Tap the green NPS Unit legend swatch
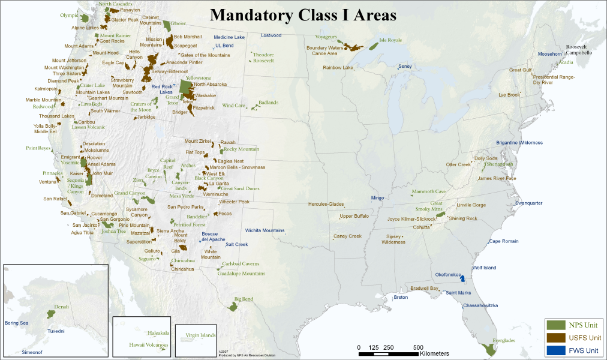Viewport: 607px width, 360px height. (555, 325)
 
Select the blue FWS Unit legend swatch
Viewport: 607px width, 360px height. (555, 349)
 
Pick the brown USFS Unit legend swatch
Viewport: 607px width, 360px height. (555, 337)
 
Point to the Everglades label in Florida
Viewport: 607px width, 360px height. (504, 340)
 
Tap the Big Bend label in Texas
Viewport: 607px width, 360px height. (244, 299)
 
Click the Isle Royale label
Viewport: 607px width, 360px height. (390, 40)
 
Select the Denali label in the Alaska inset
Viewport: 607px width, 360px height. (62, 307)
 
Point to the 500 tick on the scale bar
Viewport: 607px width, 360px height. (418, 347)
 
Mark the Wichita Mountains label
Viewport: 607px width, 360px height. (265, 230)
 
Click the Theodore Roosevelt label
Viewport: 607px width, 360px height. (263, 58)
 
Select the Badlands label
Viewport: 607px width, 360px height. (268, 103)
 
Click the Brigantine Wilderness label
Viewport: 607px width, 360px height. (519, 143)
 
